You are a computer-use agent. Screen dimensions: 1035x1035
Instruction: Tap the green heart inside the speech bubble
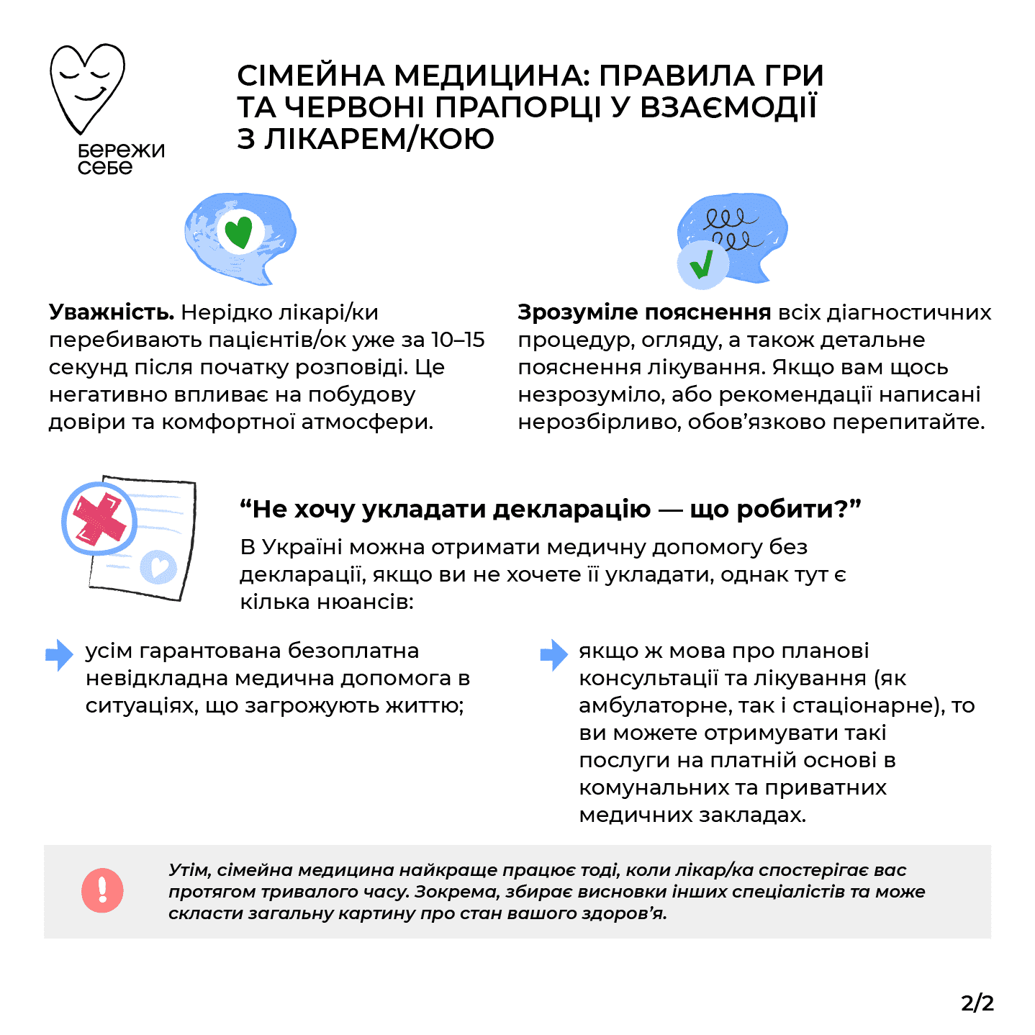(238, 232)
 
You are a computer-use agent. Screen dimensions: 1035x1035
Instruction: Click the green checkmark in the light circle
(701, 264)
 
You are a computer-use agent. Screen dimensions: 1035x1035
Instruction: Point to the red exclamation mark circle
(102, 890)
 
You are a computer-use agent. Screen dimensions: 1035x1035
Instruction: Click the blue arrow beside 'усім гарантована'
(59, 654)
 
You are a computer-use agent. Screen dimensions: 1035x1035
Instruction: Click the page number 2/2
(977, 1003)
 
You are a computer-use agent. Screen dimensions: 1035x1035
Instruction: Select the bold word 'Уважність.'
(112, 312)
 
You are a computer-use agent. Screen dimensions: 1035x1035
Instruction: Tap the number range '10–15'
(458, 340)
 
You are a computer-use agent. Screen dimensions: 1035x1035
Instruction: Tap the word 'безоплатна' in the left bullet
(353, 651)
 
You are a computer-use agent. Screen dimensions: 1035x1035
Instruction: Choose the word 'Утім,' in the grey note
(189, 869)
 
